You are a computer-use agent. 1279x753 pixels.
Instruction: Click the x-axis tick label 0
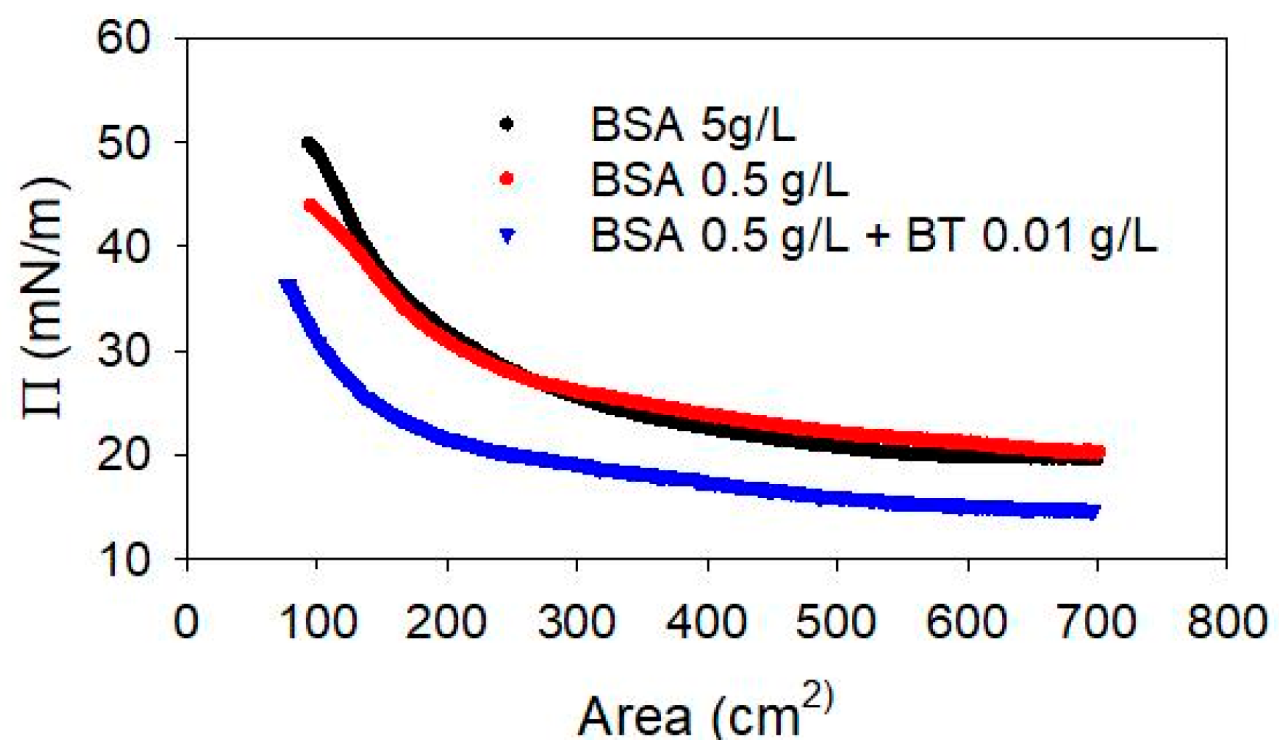pyautogui.click(x=186, y=623)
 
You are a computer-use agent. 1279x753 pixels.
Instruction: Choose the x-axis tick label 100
pyautogui.click(x=318, y=623)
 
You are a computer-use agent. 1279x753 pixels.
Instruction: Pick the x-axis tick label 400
pyautogui.click(x=707, y=623)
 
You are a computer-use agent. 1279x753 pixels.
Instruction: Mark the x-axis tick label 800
pyautogui.click(x=1227, y=623)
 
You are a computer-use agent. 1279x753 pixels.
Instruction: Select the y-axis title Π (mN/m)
pyautogui.click(x=45, y=298)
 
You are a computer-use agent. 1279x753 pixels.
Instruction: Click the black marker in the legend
pyautogui.click(x=507, y=124)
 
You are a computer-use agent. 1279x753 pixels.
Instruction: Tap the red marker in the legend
pyautogui.click(x=507, y=178)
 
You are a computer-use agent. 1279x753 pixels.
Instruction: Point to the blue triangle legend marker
pyautogui.click(x=507, y=235)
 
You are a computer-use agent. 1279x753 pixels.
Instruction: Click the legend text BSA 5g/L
pyautogui.click(x=692, y=125)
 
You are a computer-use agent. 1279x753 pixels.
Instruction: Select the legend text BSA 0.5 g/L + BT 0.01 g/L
pyautogui.click(x=873, y=235)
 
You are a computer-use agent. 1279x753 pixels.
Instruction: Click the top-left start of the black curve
pyautogui.click(x=308, y=144)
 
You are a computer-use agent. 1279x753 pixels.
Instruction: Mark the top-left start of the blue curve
pyautogui.click(x=288, y=284)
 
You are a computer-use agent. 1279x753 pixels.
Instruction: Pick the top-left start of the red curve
pyautogui.click(x=310, y=206)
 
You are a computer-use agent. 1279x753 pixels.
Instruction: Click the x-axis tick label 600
pyautogui.click(x=967, y=623)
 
